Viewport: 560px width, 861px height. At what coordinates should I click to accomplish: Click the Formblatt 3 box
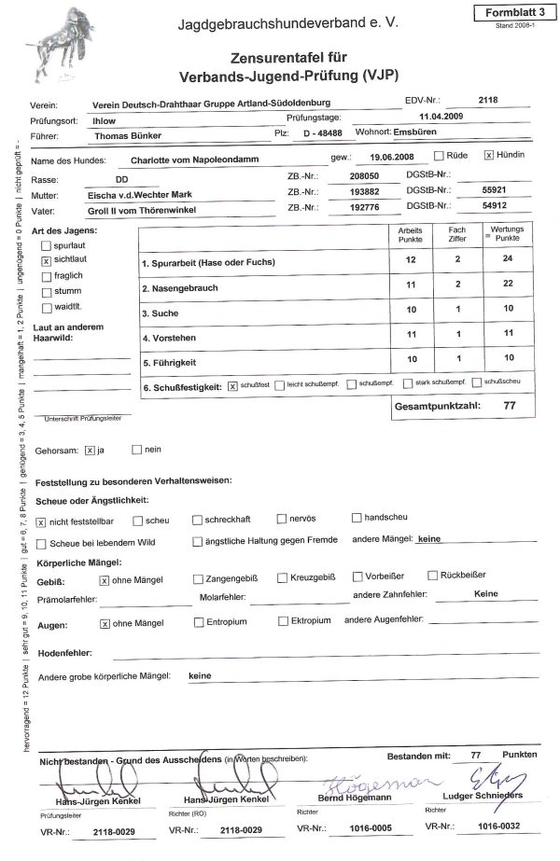(511, 12)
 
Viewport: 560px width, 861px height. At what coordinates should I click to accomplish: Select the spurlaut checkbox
(47, 246)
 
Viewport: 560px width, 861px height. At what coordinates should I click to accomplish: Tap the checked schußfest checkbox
(232, 383)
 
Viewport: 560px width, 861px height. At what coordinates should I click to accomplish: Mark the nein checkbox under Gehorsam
(136, 450)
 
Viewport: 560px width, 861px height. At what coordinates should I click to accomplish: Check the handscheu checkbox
(357, 517)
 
